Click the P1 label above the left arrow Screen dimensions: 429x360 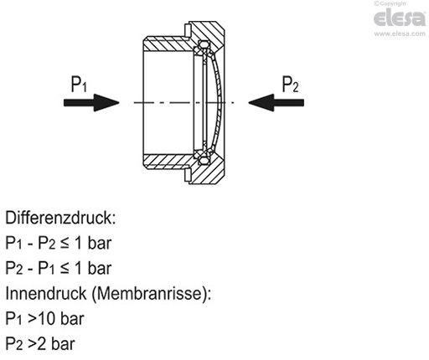[79, 84]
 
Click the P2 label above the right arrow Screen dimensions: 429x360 [291, 84]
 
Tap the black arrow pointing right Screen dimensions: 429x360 [91, 102]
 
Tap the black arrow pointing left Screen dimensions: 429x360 [276, 102]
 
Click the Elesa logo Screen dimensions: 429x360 [400, 18]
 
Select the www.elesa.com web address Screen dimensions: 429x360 [400, 33]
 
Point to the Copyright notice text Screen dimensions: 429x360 [390, 3]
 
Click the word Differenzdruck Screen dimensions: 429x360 [60, 218]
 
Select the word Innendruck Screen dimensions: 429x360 [46, 293]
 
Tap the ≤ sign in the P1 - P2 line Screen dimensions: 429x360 [65, 244]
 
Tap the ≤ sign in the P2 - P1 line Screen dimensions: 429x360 [65, 269]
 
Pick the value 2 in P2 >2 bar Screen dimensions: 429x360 [41, 344]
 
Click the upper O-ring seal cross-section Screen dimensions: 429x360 [204, 44]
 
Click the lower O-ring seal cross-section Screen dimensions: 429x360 [204, 160]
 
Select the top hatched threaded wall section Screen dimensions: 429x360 [168, 44]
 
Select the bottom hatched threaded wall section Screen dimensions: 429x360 [168, 162]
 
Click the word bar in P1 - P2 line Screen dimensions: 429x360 [100, 243]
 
